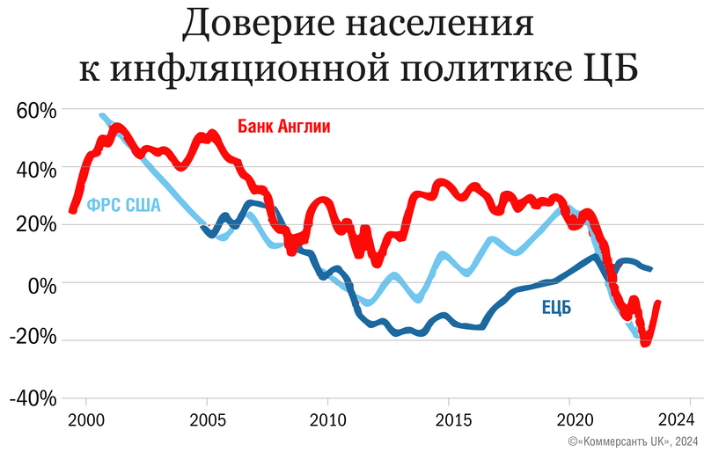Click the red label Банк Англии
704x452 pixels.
tap(284, 126)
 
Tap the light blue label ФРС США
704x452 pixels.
tap(124, 207)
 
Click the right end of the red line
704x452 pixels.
tap(658, 303)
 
